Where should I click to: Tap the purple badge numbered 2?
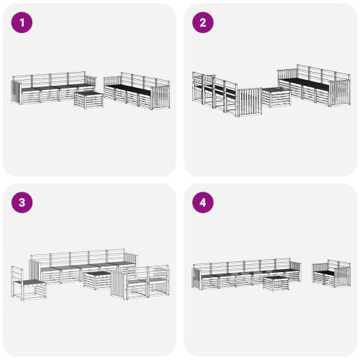pos(202,22)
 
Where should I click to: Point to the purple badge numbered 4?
pos(202,202)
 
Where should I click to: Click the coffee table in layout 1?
pos(89,99)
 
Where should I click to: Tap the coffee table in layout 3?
pos(97,279)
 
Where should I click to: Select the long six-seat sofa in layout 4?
pos(245,274)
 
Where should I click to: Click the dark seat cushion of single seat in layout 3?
pos(32,282)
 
